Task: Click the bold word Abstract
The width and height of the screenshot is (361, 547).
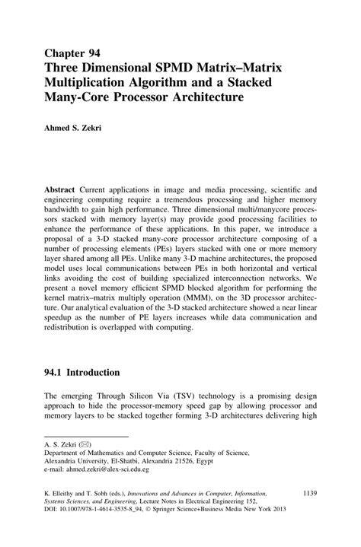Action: click(61, 188)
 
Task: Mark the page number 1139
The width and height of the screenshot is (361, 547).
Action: click(314, 495)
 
